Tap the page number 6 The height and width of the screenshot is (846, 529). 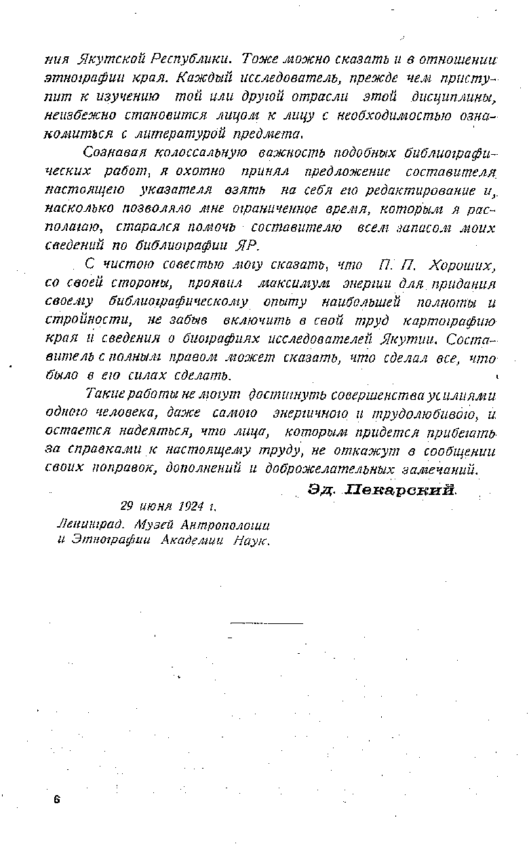tap(58, 801)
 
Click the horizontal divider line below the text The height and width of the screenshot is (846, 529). tap(267, 622)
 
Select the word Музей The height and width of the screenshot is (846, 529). tap(155, 524)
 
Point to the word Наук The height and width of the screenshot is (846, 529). tap(251, 541)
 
